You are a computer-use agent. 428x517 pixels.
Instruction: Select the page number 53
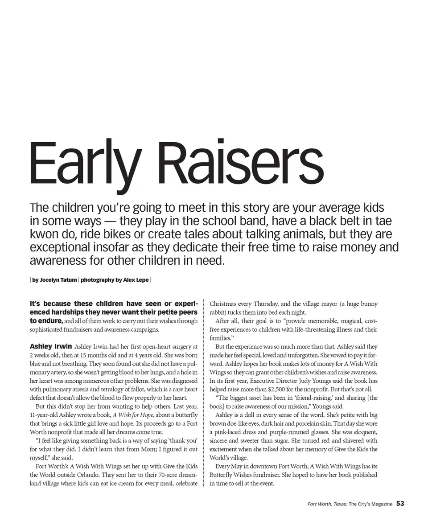click(400, 504)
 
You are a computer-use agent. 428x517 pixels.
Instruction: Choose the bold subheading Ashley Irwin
click(50, 346)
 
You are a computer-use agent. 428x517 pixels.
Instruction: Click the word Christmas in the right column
click(224, 304)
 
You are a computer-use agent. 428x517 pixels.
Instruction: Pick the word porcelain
click(303, 423)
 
